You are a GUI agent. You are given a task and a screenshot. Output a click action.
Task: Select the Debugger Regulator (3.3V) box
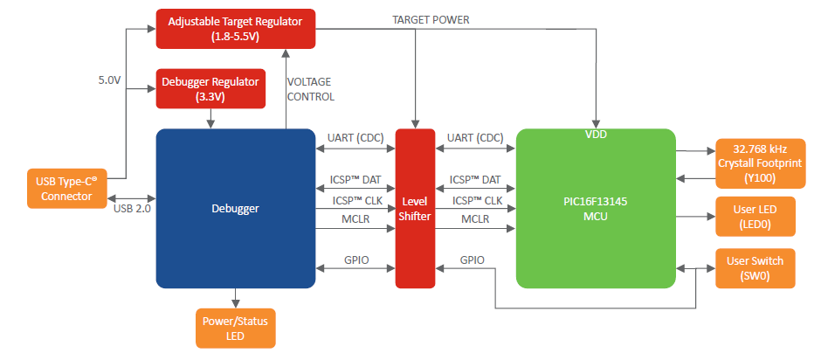tap(210, 89)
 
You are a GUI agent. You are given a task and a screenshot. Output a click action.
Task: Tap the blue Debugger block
tap(235, 208)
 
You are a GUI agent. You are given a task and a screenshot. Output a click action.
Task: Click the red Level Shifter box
tap(415, 208)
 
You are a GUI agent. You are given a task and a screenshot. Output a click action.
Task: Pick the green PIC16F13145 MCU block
tap(596, 208)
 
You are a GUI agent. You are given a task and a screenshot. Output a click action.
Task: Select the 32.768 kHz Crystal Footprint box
tap(756, 163)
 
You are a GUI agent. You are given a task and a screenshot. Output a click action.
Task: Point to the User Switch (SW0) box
tap(756, 268)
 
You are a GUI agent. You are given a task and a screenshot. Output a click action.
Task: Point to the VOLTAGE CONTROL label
tap(311, 89)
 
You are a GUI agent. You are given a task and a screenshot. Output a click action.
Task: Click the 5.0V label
tap(109, 80)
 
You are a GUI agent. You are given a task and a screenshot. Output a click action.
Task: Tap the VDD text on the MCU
tap(596, 135)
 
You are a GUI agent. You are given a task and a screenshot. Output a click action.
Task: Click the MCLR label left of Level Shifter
tap(355, 218)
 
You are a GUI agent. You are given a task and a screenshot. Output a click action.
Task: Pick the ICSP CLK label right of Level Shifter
tap(475, 200)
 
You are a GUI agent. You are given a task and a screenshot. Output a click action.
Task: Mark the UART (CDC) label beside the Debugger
tap(354, 138)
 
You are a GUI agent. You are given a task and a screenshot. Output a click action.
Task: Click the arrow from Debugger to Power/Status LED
tap(235, 297)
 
